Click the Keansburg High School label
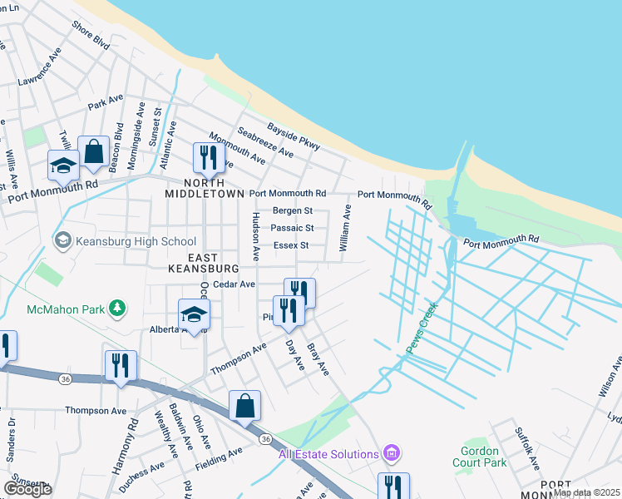coord(135,242)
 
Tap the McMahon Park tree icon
coord(117,309)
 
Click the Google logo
coord(27,489)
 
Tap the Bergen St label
coord(293,211)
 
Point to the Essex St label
coord(291,245)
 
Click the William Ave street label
coord(343,230)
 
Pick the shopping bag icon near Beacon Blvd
coord(94,152)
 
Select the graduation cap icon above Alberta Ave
coord(194,314)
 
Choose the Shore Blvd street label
coord(91,37)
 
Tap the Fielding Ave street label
coord(220,458)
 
